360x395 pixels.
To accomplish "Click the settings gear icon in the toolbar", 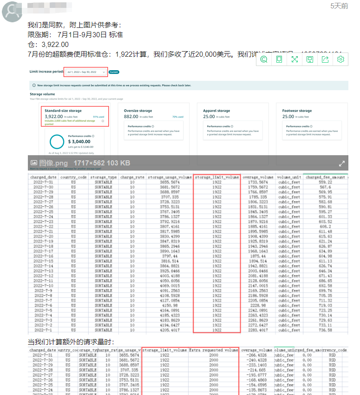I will click(x=340, y=59).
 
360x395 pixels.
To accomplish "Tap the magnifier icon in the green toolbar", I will click(x=264, y=59).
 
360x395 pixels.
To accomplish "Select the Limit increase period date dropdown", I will click(x=86, y=72).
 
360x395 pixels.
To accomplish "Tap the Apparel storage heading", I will click(x=216, y=111).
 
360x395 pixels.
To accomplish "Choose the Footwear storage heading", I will click(x=297, y=111).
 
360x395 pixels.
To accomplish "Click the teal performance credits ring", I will click(x=57, y=142).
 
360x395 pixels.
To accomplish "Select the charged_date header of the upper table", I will click(x=44, y=178).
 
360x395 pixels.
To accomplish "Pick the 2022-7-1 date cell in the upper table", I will click(x=44, y=330).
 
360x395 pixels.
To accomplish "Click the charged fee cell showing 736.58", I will click(x=325, y=330).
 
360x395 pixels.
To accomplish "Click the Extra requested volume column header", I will click(x=214, y=350).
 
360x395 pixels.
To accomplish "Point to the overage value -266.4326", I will click(x=257, y=355).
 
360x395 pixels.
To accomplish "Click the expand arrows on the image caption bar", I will click(x=342, y=163).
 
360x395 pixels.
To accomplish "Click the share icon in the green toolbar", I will click(x=325, y=59).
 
